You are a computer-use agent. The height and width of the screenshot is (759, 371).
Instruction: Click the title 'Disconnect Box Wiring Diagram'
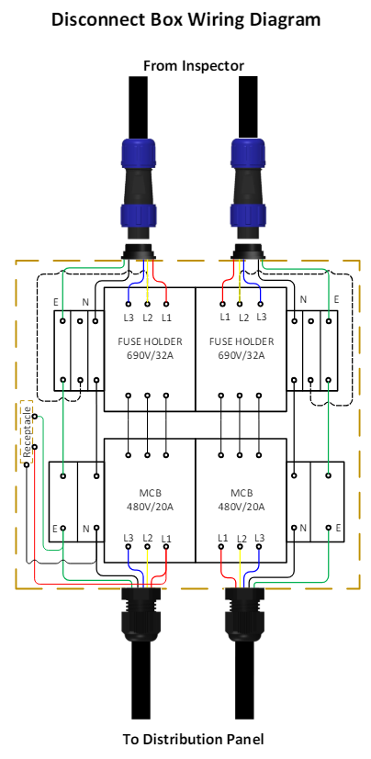coord(186,20)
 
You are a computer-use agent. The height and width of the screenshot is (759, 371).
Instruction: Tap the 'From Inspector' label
coord(194,65)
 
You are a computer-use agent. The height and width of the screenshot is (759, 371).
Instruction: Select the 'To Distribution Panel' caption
coord(193,739)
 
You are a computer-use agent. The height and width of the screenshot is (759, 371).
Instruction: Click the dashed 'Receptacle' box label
coord(27,431)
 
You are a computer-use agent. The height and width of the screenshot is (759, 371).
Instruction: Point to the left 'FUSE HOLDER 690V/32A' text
coord(150,348)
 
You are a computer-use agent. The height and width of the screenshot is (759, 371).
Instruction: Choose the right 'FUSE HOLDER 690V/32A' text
coord(242,348)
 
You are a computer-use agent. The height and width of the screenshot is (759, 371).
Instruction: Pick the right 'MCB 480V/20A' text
coord(241,500)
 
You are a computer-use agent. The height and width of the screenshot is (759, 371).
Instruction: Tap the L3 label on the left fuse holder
coord(129,318)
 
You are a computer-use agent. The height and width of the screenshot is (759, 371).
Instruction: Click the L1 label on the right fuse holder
coord(225,317)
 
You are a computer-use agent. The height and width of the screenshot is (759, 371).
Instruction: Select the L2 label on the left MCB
coord(148,538)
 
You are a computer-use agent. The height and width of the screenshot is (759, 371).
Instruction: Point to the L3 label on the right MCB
coord(259,537)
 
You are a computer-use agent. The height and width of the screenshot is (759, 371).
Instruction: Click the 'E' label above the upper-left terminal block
coord(56,303)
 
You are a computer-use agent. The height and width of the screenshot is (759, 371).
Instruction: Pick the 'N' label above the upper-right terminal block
coord(303,299)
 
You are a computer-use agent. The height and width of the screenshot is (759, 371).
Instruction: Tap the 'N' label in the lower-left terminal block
coord(85,528)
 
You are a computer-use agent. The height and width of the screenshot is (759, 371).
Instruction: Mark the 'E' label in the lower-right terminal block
coord(338,527)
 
